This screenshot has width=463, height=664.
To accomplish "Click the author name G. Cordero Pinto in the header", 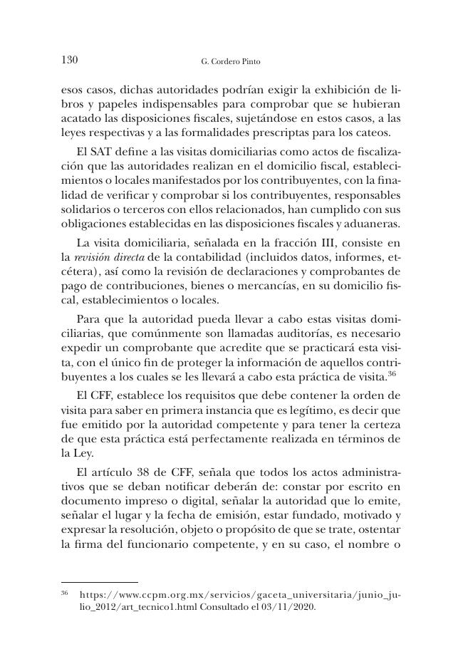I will [x=231, y=61].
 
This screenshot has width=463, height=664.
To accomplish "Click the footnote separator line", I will [x=100, y=582].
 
